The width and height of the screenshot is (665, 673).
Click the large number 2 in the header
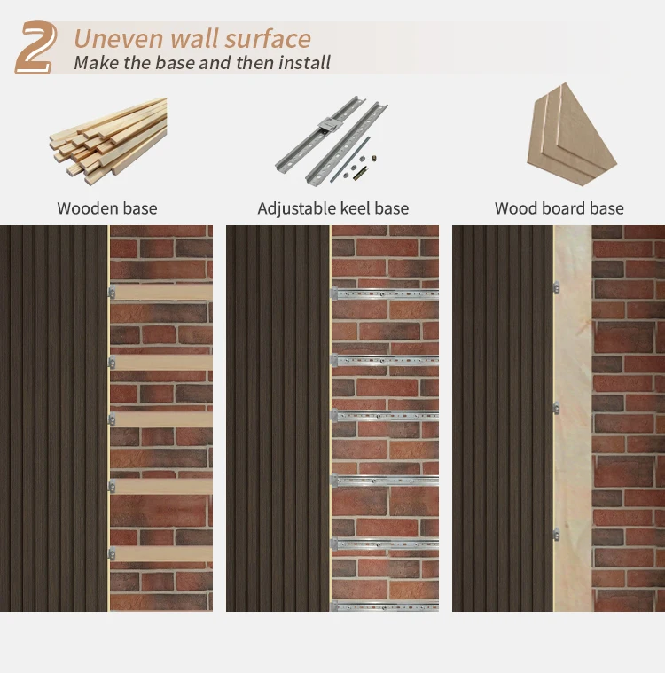(x=36, y=48)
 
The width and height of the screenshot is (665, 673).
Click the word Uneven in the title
(x=117, y=39)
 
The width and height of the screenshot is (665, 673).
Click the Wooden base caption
(x=107, y=209)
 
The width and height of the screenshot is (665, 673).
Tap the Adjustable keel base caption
(x=332, y=209)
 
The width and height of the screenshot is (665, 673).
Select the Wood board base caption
(x=559, y=209)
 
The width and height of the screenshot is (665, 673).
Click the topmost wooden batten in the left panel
(x=161, y=292)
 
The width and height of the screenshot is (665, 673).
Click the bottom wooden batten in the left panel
(x=161, y=553)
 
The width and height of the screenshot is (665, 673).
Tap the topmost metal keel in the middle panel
(x=386, y=293)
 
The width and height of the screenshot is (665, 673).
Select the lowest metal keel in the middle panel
(x=386, y=607)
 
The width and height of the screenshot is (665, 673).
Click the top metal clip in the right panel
(x=556, y=286)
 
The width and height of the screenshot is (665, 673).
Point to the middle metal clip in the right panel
(x=556, y=408)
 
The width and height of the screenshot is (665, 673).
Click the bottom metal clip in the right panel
(x=556, y=535)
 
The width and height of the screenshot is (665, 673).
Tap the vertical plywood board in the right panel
(x=573, y=417)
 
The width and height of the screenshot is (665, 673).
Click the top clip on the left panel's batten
(x=112, y=292)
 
